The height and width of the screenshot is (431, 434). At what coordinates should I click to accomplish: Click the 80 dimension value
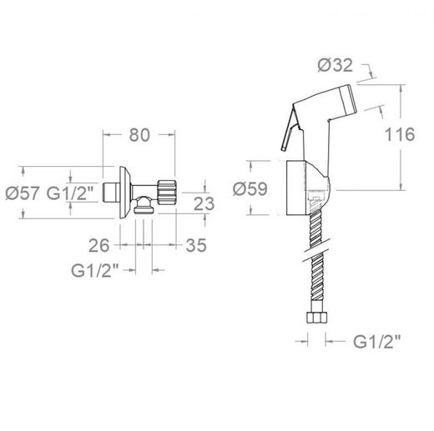[139, 135]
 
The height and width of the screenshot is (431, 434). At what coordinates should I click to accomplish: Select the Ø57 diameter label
[23, 193]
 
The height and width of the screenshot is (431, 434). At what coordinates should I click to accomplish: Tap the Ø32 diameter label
[336, 65]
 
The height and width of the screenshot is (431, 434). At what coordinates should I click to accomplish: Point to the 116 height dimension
[400, 134]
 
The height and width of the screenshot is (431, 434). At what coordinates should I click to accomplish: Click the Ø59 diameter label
[250, 188]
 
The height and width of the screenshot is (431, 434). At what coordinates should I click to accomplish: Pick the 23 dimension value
[204, 203]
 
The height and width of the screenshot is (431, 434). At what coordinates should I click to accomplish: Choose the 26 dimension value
[98, 245]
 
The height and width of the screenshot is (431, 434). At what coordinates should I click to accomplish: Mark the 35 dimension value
[196, 245]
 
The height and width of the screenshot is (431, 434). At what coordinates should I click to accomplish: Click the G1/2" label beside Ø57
[70, 193]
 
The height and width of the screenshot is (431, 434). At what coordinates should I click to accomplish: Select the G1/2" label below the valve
[95, 270]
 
